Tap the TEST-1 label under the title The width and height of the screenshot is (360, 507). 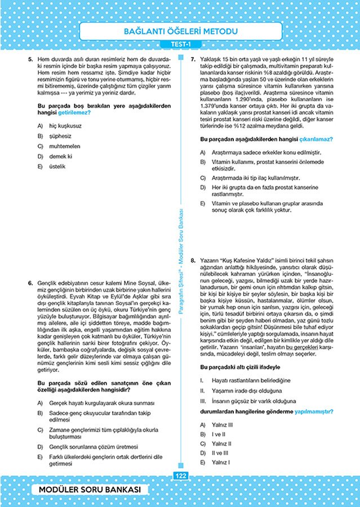click(180, 45)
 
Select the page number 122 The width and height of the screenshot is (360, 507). click(180, 476)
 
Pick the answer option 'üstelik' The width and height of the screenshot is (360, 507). click(58, 166)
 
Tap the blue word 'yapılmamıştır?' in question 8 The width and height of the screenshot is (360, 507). click(313, 411)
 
